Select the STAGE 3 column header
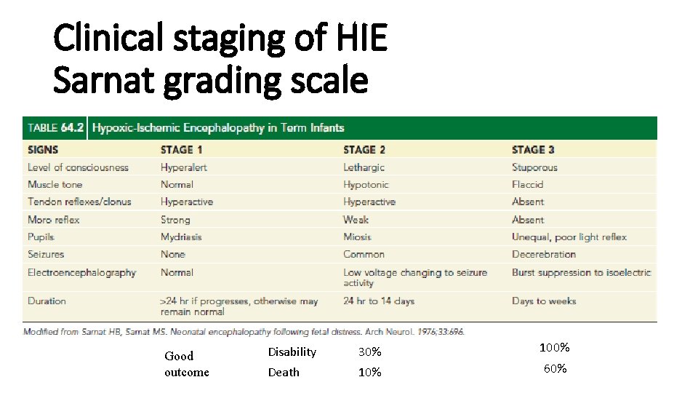point(533,149)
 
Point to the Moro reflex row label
point(53,219)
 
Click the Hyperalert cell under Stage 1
point(183,167)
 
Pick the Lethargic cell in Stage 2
point(364,167)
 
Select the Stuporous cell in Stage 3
point(534,167)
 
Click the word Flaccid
point(527,184)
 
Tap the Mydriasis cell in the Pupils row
point(181,237)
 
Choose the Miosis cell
point(357,237)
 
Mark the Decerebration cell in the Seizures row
point(543,254)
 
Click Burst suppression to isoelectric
point(581,272)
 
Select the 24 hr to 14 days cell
point(379,301)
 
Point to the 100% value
point(554,348)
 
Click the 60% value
point(555,369)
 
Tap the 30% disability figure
point(369,352)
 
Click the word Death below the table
point(284,373)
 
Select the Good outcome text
point(186,364)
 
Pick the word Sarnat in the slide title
point(105,81)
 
